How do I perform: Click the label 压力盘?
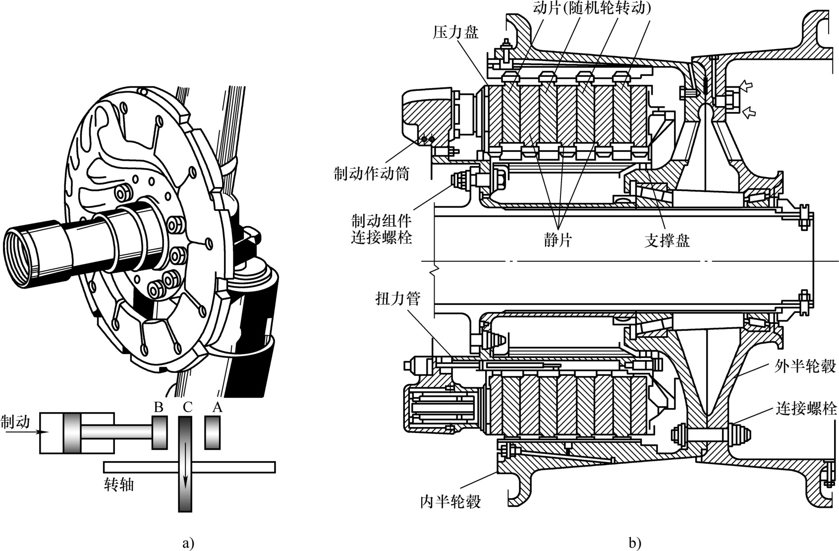(455, 33)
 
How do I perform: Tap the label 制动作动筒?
(372, 174)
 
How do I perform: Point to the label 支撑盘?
(667, 240)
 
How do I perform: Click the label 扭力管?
(398, 299)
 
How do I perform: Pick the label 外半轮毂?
(805, 366)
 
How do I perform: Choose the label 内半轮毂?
(450, 501)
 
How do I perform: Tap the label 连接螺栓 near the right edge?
(806, 408)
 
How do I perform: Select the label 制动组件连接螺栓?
(381, 230)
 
